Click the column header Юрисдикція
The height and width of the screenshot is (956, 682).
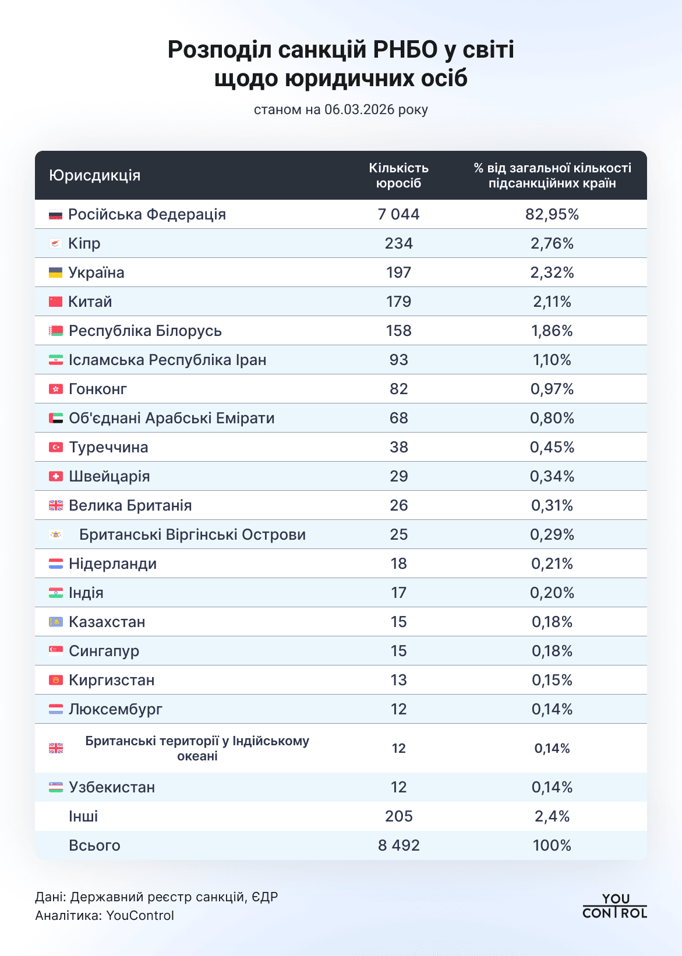pyautogui.click(x=95, y=175)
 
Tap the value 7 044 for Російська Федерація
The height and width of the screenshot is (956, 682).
pyautogui.click(x=398, y=214)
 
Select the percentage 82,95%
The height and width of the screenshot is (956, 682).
pyautogui.click(x=552, y=214)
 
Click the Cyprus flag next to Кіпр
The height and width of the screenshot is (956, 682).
pyautogui.click(x=56, y=243)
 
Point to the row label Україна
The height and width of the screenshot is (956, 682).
pyautogui.click(x=96, y=272)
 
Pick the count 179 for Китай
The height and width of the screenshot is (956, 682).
pyautogui.click(x=398, y=302)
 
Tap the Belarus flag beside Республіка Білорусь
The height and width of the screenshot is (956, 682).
pyautogui.click(x=56, y=331)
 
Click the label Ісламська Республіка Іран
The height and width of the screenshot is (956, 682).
pyautogui.click(x=167, y=360)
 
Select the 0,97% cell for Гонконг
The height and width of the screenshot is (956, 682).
pyautogui.click(x=552, y=389)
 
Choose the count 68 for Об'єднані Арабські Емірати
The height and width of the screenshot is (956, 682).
pyautogui.click(x=398, y=418)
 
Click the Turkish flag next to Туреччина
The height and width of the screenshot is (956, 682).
pyautogui.click(x=56, y=447)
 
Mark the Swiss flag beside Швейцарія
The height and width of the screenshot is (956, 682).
pyautogui.click(x=56, y=476)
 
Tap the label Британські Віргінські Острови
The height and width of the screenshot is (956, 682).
pyautogui.click(x=192, y=534)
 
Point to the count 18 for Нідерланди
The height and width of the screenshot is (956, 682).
pyautogui.click(x=398, y=564)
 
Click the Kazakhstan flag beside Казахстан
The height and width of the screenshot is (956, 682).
pyautogui.click(x=56, y=622)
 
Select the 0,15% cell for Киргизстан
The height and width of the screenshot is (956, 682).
pyautogui.click(x=552, y=680)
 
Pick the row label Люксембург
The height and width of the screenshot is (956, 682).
pyautogui.click(x=115, y=709)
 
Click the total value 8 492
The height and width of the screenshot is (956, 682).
pyautogui.click(x=398, y=845)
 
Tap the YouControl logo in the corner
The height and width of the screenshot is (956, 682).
pyautogui.click(x=614, y=906)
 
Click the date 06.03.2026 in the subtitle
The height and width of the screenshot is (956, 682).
pyautogui.click(x=359, y=109)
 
